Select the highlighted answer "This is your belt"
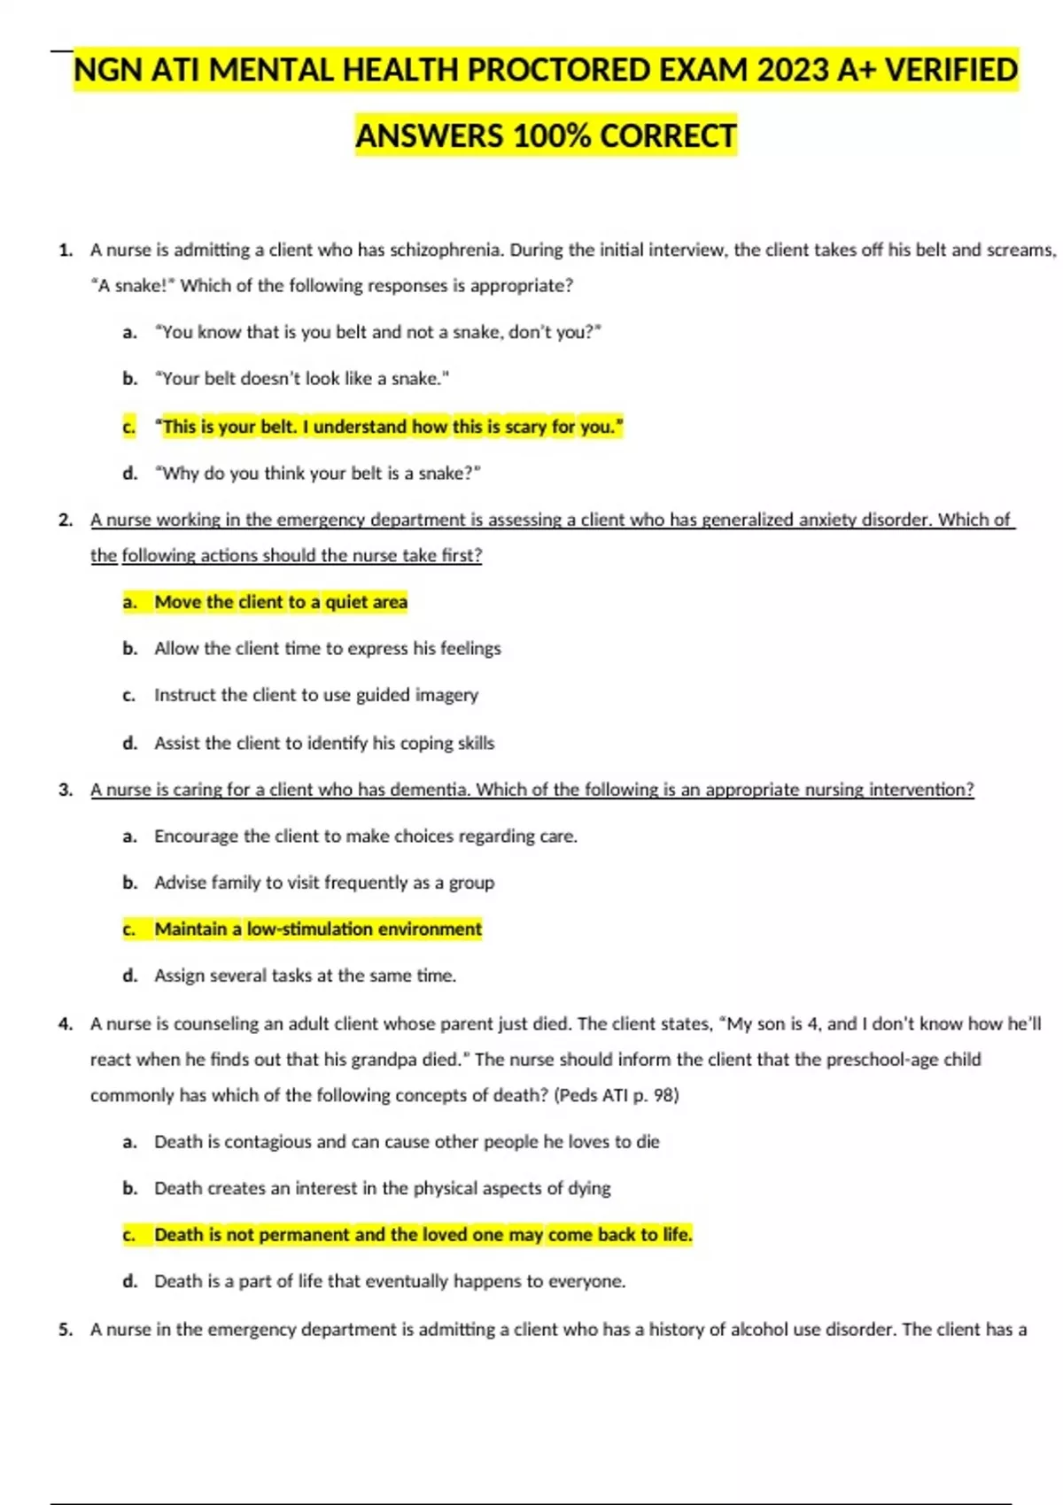(x=389, y=427)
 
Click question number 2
(x=66, y=521)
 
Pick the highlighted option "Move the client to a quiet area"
(x=281, y=602)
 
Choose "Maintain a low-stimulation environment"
(x=318, y=929)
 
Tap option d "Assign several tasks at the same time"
(x=305, y=976)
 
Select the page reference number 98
(x=663, y=1095)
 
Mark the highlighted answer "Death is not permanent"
(x=423, y=1234)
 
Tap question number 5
(x=66, y=1330)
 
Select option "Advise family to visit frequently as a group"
(x=324, y=883)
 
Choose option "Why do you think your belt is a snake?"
(x=317, y=474)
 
